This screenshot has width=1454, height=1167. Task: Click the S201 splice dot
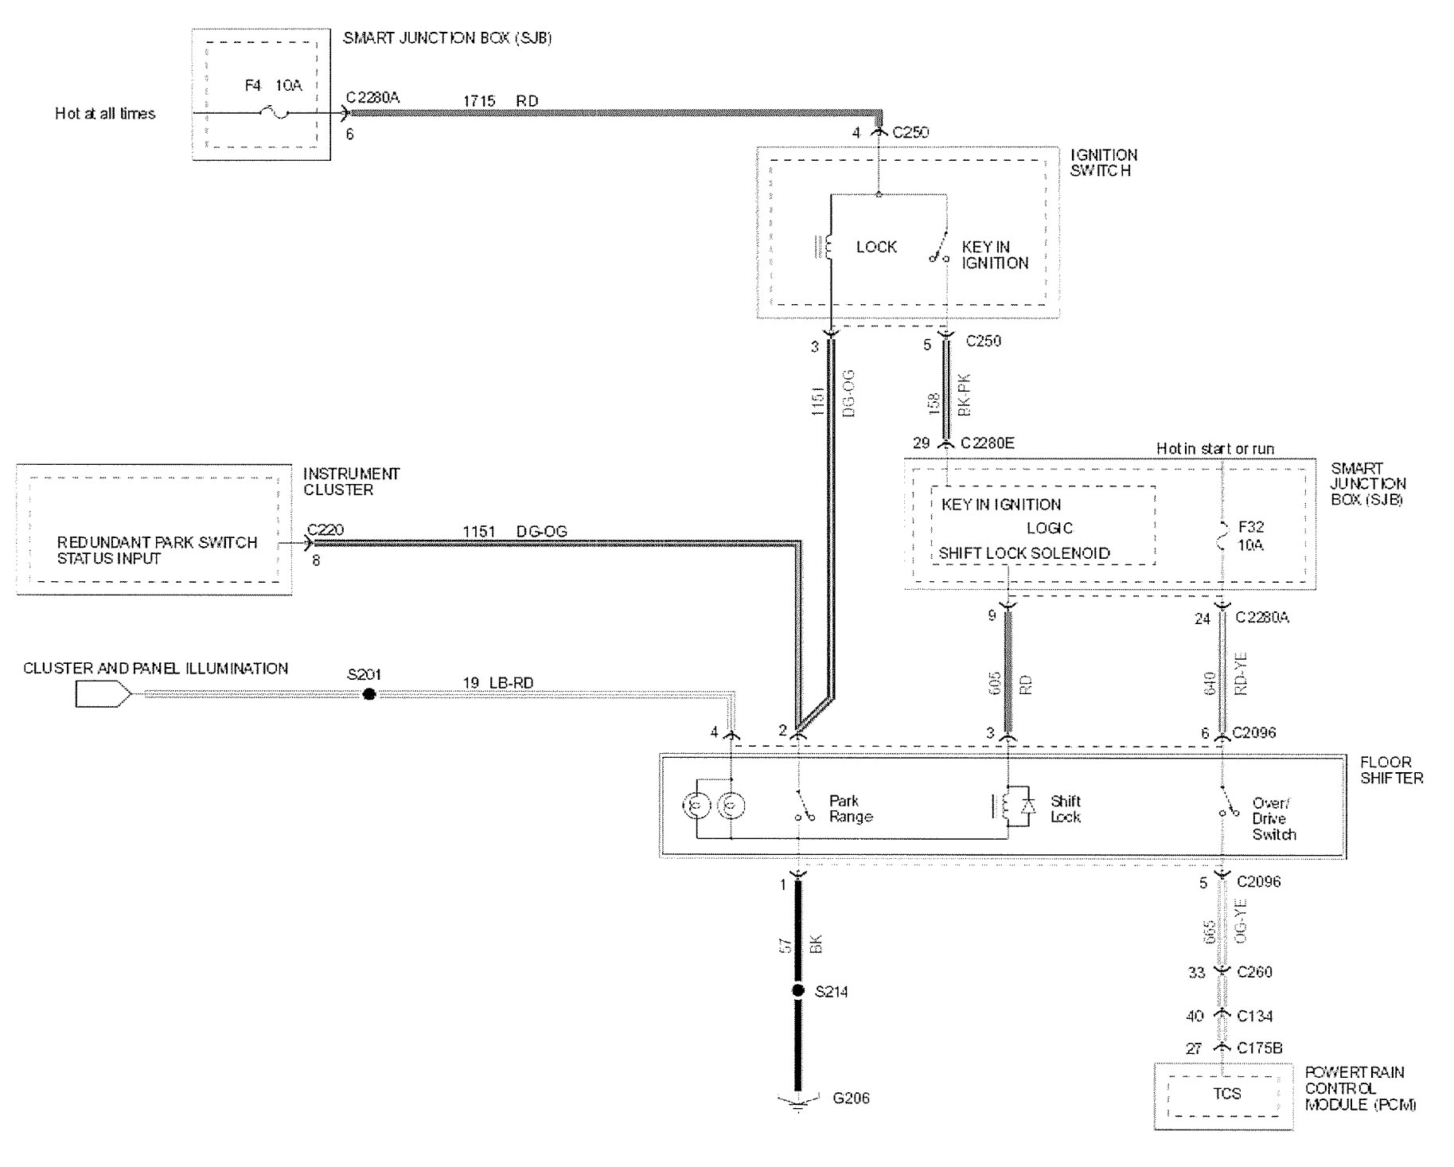(369, 694)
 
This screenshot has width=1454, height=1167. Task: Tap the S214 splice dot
(798, 991)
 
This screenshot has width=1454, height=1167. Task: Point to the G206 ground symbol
(798, 1101)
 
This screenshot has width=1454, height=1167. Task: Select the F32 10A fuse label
(1251, 536)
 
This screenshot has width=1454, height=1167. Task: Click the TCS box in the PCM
(1226, 1094)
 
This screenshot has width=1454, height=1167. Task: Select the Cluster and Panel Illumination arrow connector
(103, 695)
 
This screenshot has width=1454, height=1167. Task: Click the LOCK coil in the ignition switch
(828, 247)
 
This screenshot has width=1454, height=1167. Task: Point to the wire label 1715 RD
(501, 101)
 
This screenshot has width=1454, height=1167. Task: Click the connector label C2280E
(988, 443)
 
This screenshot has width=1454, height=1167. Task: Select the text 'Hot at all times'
(105, 114)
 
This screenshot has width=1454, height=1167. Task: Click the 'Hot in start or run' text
(1214, 449)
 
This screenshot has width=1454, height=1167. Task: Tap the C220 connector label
(325, 529)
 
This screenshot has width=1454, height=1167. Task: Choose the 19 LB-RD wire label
(498, 683)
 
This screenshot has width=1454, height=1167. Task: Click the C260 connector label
(1254, 972)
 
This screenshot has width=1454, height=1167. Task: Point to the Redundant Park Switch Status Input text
(157, 550)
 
